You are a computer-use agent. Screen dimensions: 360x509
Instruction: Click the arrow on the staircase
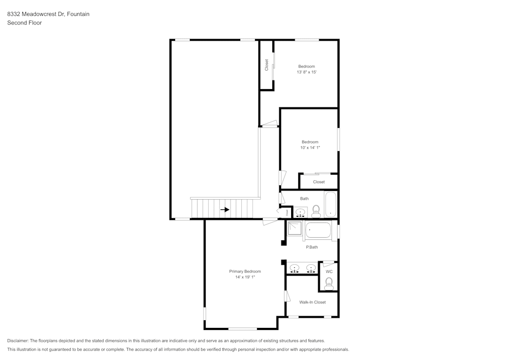click(224, 209)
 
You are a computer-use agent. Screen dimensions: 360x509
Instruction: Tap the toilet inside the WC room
click(329, 283)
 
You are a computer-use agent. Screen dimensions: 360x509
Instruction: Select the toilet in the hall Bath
click(316, 210)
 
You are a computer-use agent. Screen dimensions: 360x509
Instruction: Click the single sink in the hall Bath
click(300, 212)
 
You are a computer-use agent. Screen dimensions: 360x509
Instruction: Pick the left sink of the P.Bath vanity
click(294, 268)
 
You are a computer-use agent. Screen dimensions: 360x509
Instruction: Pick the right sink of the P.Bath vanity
click(309, 268)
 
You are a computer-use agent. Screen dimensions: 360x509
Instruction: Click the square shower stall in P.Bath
click(295, 229)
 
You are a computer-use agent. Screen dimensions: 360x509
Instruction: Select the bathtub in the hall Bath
click(330, 205)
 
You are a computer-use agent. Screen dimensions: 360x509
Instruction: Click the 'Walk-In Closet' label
click(312, 302)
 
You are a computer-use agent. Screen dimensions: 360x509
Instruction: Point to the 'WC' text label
click(329, 271)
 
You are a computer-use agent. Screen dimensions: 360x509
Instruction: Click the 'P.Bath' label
click(312, 247)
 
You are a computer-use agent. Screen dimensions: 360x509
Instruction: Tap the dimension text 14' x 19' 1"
click(245, 278)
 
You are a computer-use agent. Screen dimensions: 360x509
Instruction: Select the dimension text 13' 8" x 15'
click(307, 72)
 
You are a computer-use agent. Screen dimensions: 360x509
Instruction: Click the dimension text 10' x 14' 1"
click(310, 148)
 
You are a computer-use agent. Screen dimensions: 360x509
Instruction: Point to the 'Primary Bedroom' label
click(245, 271)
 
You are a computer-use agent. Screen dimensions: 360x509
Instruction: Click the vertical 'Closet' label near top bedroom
click(266, 65)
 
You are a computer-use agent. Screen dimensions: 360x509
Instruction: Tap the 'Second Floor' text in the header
click(24, 23)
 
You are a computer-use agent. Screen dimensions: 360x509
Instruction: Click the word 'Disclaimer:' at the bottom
click(18, 341)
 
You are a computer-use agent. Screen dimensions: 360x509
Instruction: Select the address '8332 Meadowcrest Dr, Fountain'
click(48, 14)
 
